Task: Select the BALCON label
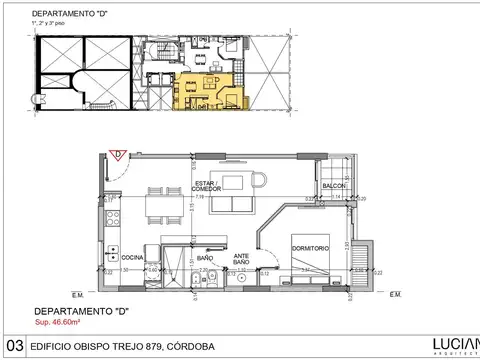334,187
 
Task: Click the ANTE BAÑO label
241,259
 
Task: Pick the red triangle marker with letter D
116,155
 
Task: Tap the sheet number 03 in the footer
12,346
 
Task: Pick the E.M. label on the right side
394,294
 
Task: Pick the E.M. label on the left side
77,295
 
